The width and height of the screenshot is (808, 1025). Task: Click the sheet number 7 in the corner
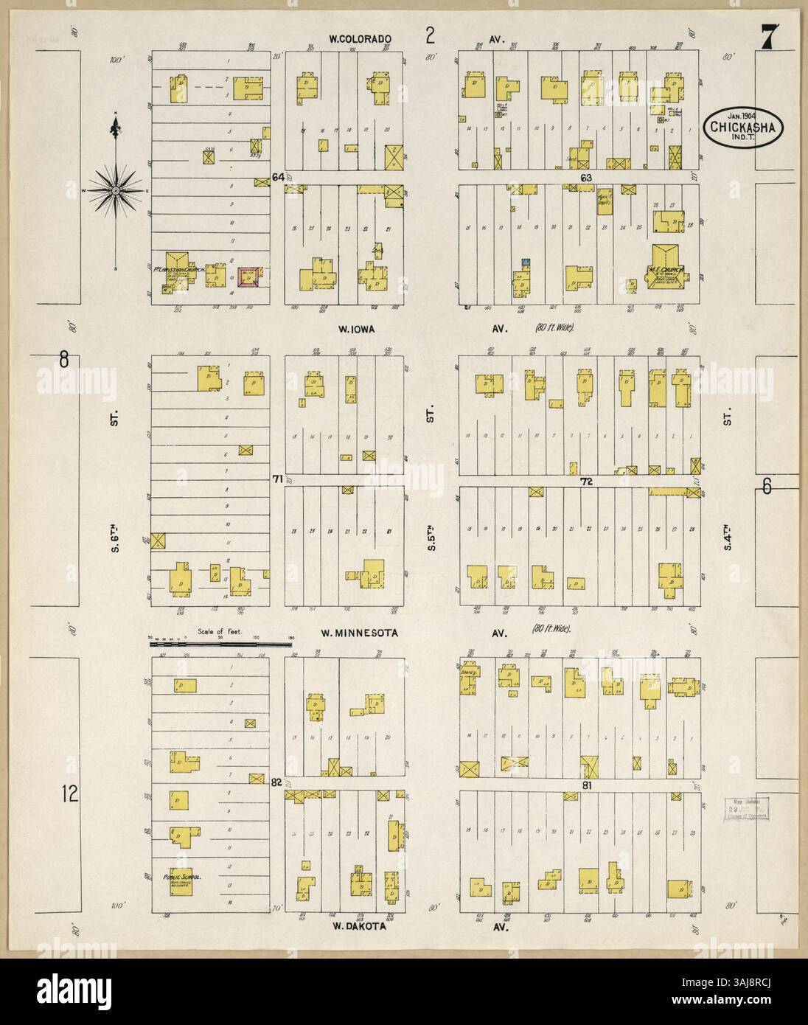[770, 36]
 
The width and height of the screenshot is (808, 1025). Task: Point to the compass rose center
[116, 190]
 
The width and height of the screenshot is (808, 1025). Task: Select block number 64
[278, 177]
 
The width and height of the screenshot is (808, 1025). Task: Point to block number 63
[587, 178]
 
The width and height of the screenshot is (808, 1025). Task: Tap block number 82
[276, 782]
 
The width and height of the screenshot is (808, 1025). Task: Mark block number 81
[587, 786]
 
